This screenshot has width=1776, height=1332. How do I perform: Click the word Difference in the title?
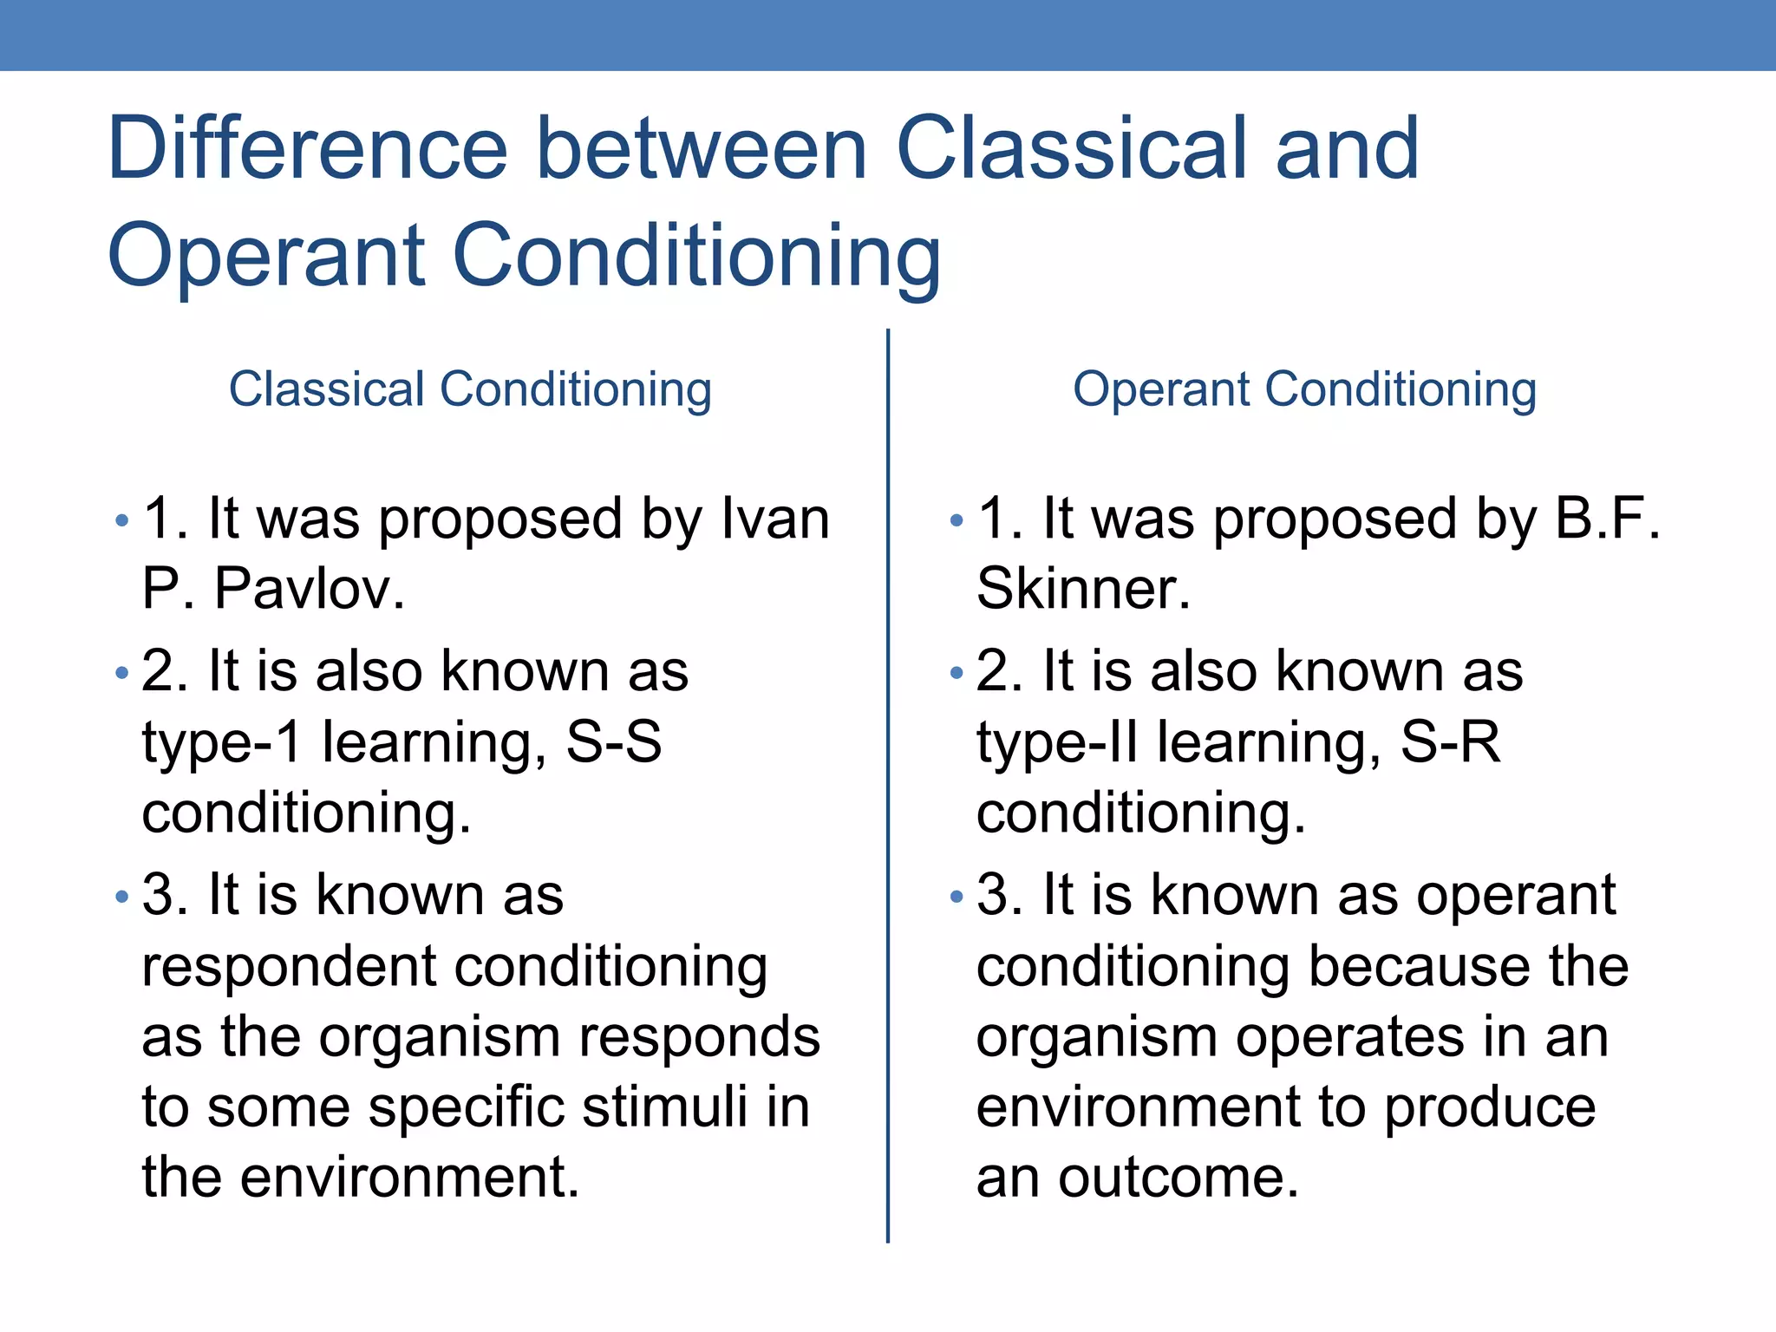tap(307, 148)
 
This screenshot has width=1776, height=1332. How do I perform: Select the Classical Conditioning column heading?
tap(470, 389)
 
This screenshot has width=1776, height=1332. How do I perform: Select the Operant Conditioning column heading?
tap(1304, 389)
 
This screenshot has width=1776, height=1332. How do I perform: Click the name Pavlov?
tap(309, 589)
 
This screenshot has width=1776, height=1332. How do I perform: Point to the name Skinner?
tap(1082, 589)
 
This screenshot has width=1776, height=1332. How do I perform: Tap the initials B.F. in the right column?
tap(1607, 519)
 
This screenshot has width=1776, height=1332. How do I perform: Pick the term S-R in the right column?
tap(1450, 742)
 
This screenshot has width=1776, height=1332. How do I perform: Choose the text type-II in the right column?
tap(1056, 744)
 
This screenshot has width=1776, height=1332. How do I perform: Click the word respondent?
tap(286, 968)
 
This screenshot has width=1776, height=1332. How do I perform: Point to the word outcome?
tap(1178, 1178)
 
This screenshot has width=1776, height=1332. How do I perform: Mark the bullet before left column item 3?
tap(121, 896)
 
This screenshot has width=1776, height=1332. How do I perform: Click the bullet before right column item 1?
tap(957, 520)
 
